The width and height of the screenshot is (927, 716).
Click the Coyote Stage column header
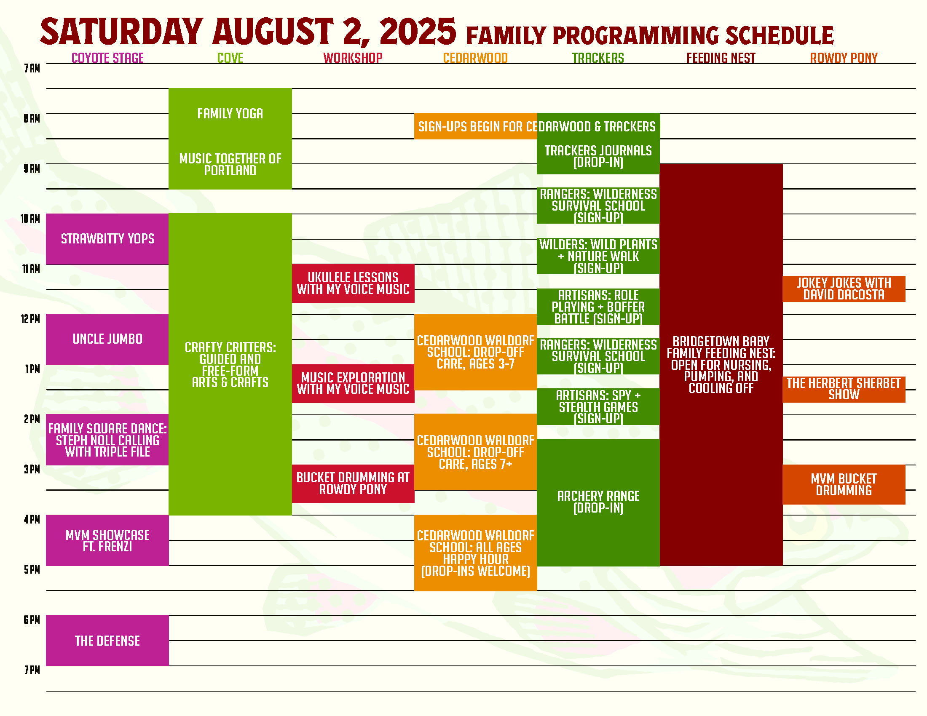pyautogui.click(x=108, y=58)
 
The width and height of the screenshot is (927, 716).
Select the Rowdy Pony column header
pyautogui.click(x=844, y=58)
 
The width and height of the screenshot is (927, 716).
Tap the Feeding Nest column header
pyautogui.click(x=721, y=58)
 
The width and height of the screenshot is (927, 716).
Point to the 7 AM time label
pyautogui.click(x=32, y=68)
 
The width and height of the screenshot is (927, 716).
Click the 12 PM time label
pyautogui.click(x=31, y=319)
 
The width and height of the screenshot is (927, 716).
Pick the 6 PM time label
pyautogui.click(x=32, y=620)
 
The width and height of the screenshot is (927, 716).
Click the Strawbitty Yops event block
pyautogui.click(x=107, y=239)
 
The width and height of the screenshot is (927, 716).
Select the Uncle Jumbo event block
pyautogui.click(x=107, y=339)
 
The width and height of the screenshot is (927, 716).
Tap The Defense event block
pyautogui.click(x=107, y=641)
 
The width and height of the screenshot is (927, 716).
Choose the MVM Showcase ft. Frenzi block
pyautogui.click(x=107, y=540)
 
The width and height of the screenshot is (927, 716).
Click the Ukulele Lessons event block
pyautogui.click(x=353, y=283)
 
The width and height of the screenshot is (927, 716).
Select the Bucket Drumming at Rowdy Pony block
pyautogui.click(x=353, y=484)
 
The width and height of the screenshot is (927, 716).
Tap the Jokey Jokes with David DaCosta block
pyautogui.click(x=844, y=289)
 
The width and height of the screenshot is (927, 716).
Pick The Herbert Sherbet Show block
pyautogui.click(x=844, y=389)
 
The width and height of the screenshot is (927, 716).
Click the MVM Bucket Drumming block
pyautogui.click(x=844, y=484)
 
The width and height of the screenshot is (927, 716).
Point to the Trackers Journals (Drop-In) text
pyautogui.click(x=598, y=157)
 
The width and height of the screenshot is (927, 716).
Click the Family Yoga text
pyautogui.click(x=230, y=114)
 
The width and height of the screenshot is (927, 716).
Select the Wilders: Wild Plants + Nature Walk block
pyautogui.click(x=598, y=256)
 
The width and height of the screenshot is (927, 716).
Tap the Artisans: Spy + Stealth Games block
pyautogui.click(x=598, y=407)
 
